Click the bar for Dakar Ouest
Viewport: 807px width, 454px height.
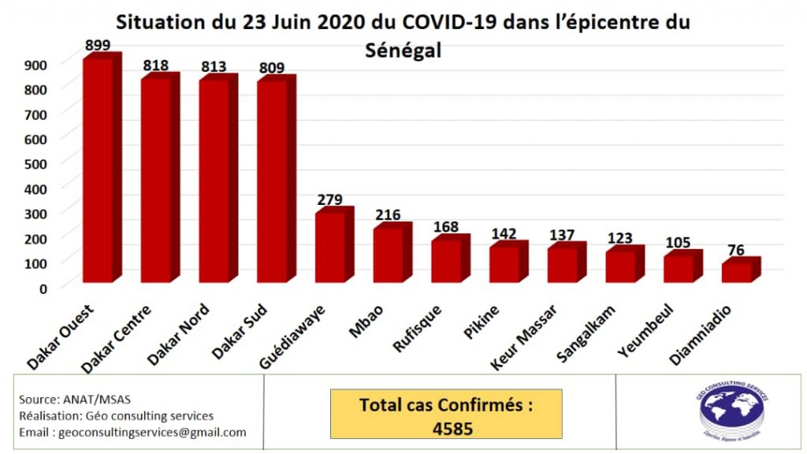coord(98,169)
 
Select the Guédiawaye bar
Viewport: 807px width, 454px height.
coord(329,247)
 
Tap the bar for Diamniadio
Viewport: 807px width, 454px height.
coord(736,272)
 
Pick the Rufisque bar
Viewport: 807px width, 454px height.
coord(445,260)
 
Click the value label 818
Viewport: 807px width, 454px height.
coord(155,66)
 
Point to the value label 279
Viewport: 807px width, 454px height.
coord(329,199)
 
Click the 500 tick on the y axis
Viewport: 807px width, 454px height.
coord(38,163)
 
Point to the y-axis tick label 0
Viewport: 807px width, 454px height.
coord(44,288)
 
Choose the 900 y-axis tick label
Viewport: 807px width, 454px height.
coord(38,64)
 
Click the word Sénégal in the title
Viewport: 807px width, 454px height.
coord(403,50)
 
